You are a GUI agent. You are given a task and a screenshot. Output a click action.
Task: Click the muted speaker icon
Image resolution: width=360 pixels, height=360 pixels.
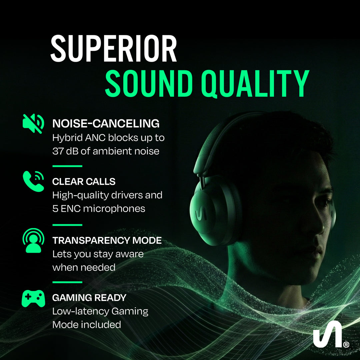pos(33,123)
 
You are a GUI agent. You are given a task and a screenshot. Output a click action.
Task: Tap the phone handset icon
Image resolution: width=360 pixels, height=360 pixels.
pos(33,181)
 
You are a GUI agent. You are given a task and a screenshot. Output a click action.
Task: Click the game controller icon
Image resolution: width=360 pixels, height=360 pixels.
pos(33,298)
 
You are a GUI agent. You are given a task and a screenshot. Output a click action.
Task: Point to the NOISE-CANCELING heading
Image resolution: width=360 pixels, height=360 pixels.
pos(106,124)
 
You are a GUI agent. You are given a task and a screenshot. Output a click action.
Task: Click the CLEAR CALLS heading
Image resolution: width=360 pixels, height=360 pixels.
pos(84,182)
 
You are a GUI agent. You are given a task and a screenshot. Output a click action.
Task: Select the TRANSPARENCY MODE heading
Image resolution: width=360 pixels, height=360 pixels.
pos(107,240)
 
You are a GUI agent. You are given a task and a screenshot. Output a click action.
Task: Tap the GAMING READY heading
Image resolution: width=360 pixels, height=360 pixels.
pos(89,298)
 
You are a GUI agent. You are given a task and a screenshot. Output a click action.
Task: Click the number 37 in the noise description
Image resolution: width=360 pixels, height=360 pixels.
pos(58,151)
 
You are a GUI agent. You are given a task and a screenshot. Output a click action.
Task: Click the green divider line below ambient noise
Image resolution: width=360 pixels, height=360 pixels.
pos(67,166)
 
